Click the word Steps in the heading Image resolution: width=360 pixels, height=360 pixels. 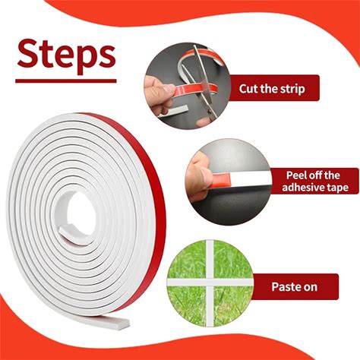(66, 56)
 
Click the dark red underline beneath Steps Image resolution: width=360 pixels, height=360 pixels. (66, 81)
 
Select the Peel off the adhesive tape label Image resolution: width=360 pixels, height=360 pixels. (315, 181)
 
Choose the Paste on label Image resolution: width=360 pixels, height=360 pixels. (295, 286)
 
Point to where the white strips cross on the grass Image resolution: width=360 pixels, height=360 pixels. (210, 282)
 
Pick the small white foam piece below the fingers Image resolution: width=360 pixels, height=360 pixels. (174, 111)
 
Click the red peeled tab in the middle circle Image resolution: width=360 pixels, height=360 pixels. (221, 179)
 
